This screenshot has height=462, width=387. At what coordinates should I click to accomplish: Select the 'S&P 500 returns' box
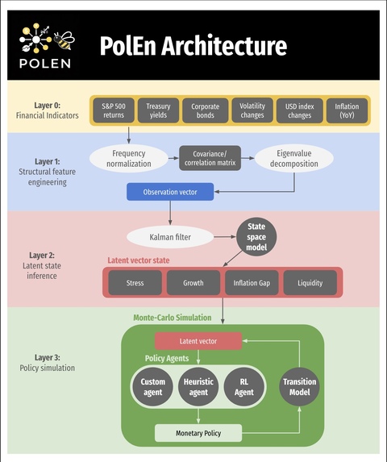click(114, 110)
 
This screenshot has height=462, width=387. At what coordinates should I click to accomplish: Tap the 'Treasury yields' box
click(159, 110)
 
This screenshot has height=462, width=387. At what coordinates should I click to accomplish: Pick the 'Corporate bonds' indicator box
click(206, 110)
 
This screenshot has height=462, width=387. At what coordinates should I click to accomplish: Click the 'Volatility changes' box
click(252, 110)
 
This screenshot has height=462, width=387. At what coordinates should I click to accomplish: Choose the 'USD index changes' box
click(299, 110)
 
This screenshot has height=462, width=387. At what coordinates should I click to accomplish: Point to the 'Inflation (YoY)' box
click(347, 110)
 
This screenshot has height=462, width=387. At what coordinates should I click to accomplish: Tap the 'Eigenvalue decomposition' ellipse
click(294, 158)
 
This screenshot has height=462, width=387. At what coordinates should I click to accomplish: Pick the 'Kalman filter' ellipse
click(170, 237)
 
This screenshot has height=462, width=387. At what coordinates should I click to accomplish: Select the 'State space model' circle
click(256, 236)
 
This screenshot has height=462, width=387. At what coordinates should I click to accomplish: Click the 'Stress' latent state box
click(135, 283)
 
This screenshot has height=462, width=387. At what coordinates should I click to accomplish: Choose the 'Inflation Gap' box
click(252, 283)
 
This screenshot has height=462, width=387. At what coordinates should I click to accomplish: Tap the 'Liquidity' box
click(310, 283)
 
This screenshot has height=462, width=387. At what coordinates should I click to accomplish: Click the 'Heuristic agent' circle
click(198, 387)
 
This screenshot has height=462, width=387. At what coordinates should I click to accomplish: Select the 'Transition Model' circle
click(299, 387)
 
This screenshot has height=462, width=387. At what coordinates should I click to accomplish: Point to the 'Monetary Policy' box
click(198, 434)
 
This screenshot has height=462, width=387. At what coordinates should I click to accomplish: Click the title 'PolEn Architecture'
click(193, 46)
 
